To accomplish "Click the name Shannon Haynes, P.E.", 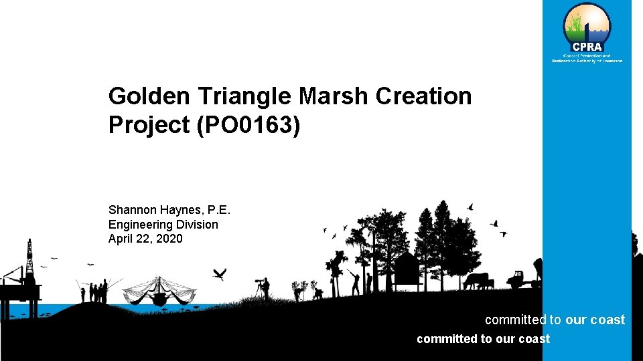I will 169,210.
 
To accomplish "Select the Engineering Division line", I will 163,225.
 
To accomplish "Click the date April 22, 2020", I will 145,239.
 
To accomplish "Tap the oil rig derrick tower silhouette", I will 29,257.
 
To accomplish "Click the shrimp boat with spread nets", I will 159,291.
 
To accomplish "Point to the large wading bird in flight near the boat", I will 219,273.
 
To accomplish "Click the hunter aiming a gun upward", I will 355,281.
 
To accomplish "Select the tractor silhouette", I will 521,279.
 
